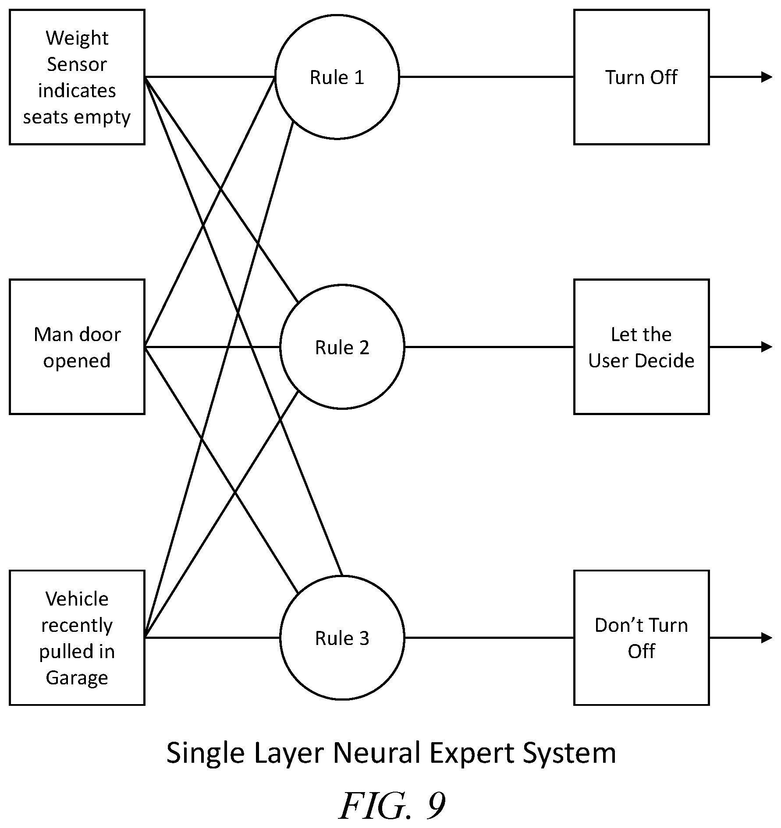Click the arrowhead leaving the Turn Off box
click(x=767, y=77)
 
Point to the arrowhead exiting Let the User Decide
click(x=767, y=347)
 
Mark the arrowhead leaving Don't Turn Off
click(x=767, y=638)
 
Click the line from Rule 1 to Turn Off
click(x=487, y=77)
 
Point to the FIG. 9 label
click(x=392, y=806)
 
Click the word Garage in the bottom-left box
click(x=77, y=677)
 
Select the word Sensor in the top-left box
click(x=77, y=64)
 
